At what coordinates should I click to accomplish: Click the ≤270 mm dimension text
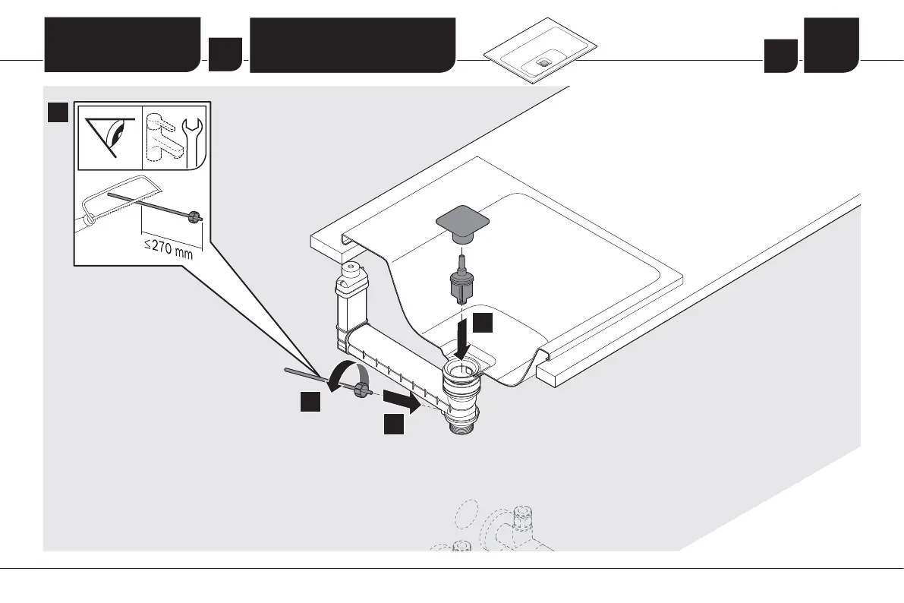(168, 248)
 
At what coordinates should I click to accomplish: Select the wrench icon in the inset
(194, 137)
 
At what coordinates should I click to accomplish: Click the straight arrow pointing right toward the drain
(400, 400)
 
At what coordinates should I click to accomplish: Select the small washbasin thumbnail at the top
(540, 59)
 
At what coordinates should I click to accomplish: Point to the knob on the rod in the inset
(195, 218)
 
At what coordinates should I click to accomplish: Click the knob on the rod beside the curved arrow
(363, 390)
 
